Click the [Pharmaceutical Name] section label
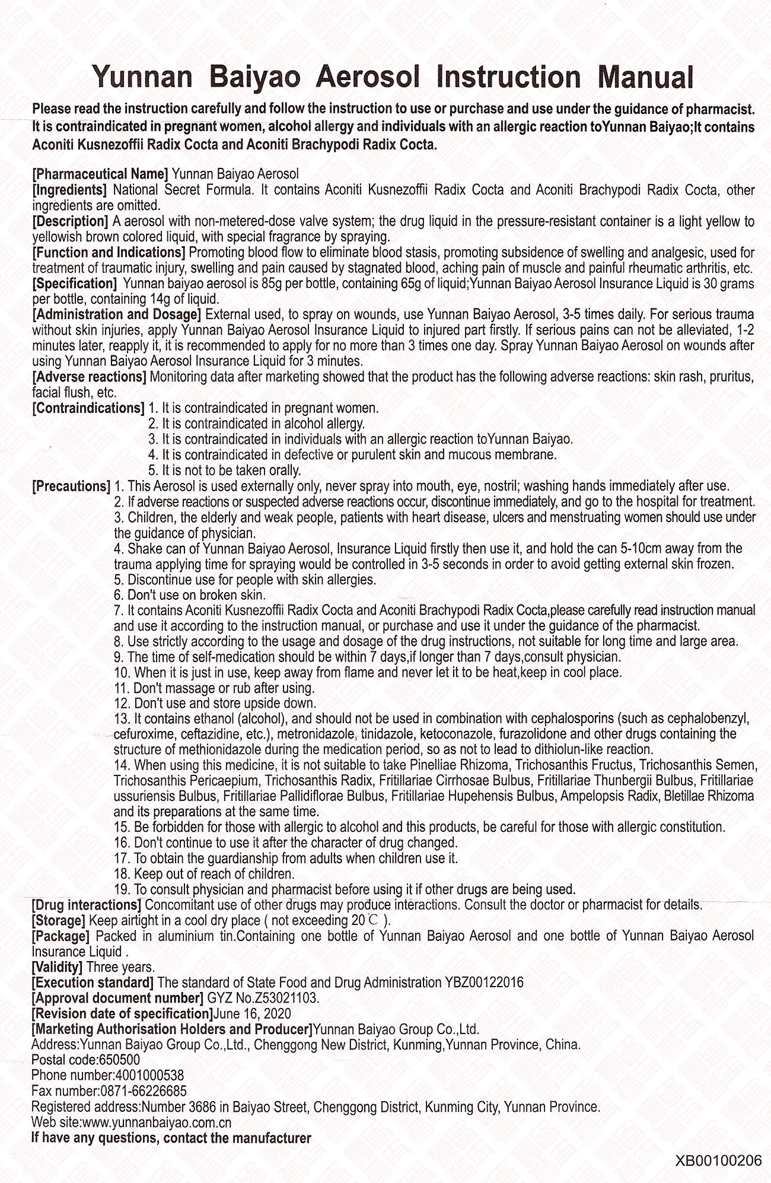tap(100, 174)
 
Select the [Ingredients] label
tap(69, 190)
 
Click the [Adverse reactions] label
tap(90, 377)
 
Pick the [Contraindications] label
tap(88, 408)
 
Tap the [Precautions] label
tap(71, 486)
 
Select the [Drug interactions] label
tap(87, 905)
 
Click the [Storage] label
tap(59, 921)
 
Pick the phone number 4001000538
tap(148, 1075)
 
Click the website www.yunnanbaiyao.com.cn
tap(156, 1122)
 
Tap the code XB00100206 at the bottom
tap(718, 1160)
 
